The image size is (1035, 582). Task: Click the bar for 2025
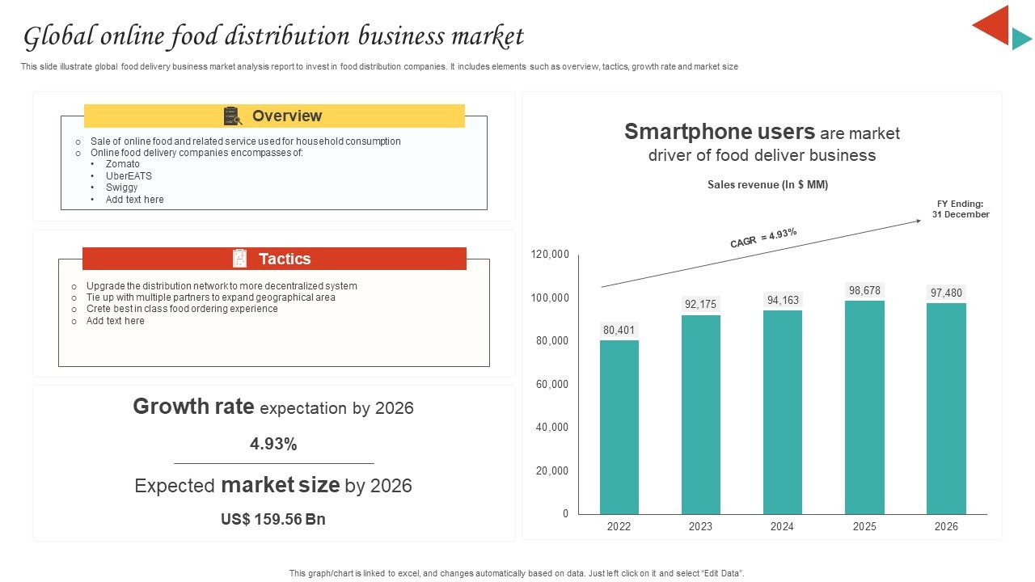(864, 407)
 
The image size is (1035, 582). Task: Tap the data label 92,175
(700, 305)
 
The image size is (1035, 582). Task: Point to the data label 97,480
(946, 293)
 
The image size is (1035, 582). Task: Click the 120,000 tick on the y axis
(550, 255)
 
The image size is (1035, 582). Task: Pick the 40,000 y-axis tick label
(551, 428)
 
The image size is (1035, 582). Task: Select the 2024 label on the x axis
(782, 526)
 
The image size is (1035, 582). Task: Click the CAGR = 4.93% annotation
(763, 238)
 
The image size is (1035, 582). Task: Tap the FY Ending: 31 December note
(960, 209)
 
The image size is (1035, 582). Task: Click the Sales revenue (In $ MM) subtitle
(767, 185)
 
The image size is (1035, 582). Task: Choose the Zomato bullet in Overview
(122, 164)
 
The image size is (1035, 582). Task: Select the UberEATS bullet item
(129, 176)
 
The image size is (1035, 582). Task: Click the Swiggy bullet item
(121, 188)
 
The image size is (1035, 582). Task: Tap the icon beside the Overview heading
(233, 116)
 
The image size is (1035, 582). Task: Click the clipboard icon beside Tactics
(239, 259)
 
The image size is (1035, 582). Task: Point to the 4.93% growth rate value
(273, 444)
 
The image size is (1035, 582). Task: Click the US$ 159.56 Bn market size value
(273, 519)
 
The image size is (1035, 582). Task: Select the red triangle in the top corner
(995, 24)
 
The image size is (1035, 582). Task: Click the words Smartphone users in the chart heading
(719, 132)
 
